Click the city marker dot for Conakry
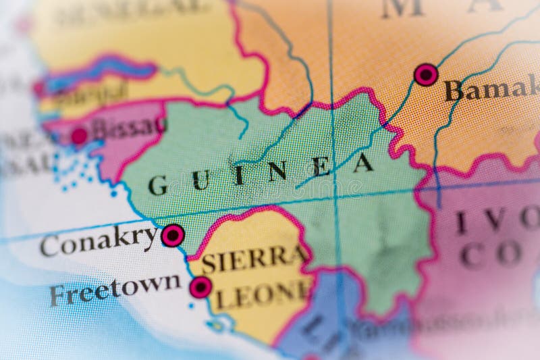point(173,235)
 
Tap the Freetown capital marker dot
point(200,287)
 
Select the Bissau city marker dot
point(79,136)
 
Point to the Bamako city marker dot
point(426,74)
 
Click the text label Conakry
point(99,241)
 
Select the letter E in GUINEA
point(320,167)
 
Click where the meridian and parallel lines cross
point(335,199)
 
